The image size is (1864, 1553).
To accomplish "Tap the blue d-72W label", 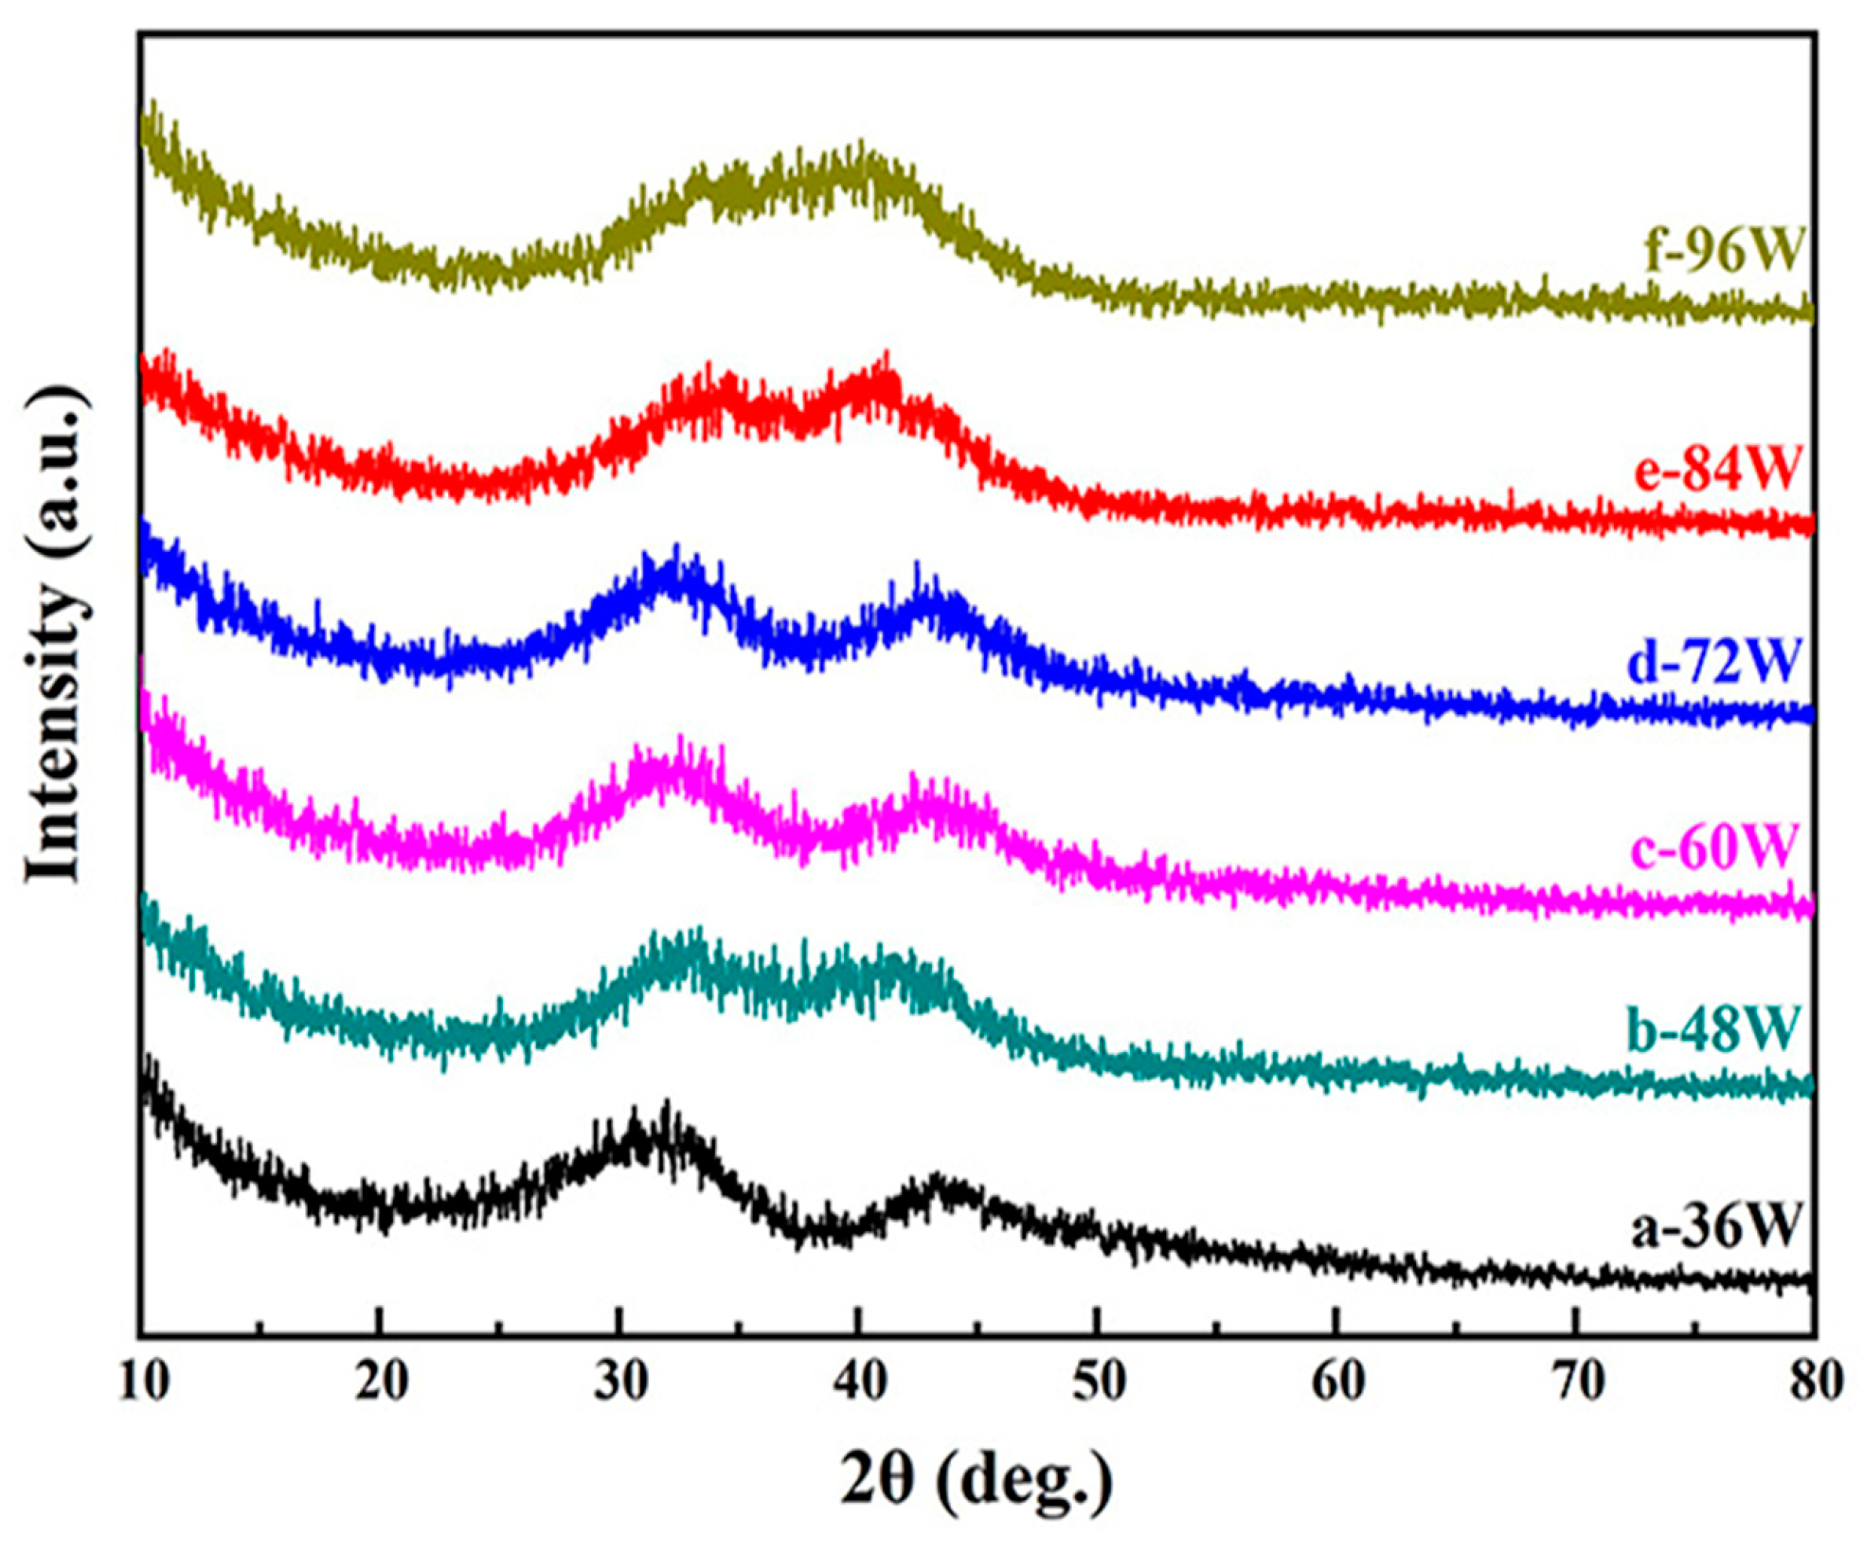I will point(1713,662).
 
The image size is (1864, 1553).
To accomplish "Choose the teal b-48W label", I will point(1713,1028).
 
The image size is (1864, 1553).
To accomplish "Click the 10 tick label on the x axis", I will point(144,1383).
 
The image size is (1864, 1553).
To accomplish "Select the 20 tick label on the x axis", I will point(381,1383).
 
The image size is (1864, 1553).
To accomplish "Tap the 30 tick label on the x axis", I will point(620,1383).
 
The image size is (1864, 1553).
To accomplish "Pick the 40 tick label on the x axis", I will point(859,1383).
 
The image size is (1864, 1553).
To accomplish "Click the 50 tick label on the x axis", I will point(1099,1383).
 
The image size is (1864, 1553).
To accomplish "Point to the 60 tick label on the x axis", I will point(1337,1383).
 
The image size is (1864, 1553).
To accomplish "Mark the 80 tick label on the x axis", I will point(1814,1383).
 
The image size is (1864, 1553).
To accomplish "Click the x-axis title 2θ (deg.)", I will point(976,1481).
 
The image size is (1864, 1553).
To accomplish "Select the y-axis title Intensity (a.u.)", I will point(55,633).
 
